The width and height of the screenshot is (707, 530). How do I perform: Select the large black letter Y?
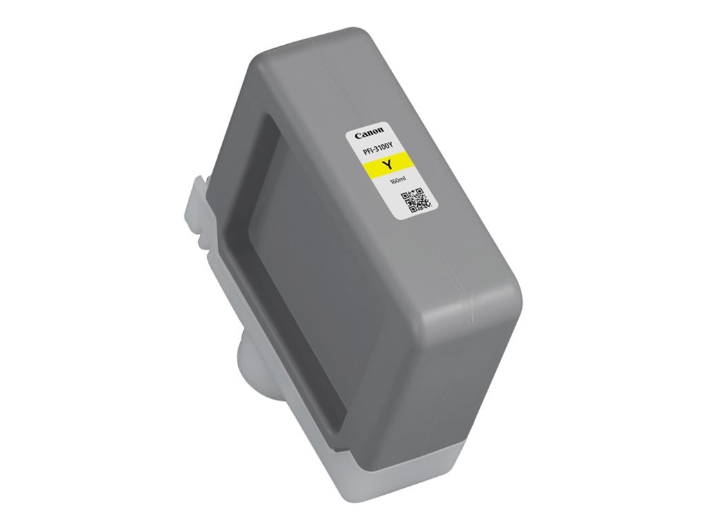[387, 165]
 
